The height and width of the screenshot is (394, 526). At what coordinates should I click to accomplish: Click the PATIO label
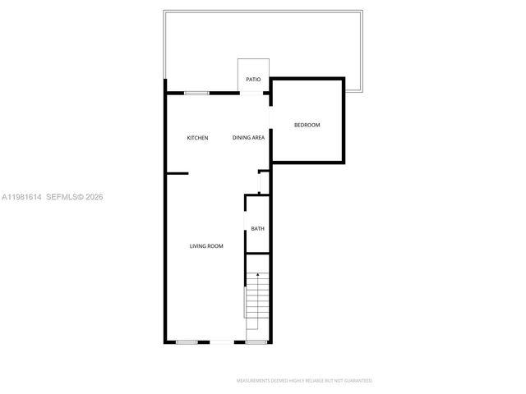click(x=253, y=80)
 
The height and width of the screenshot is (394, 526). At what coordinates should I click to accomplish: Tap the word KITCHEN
click(x=197, y=138)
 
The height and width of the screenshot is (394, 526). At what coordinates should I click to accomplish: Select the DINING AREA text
click(x=248, y=138)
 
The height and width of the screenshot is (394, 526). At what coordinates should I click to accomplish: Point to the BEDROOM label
click(x=307, y=125)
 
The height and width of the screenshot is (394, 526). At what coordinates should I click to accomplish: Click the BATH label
click(x=257, y=229)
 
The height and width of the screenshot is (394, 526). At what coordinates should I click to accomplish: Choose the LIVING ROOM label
click(x=206, y=246)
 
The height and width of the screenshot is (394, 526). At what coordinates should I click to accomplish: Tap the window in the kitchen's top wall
click(x=196, y=93)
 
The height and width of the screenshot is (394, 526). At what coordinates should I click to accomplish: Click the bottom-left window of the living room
click(x=187, y=341)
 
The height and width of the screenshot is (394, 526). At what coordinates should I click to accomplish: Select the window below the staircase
click(x=256, y=341)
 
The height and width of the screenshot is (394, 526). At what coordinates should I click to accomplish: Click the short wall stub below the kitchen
click(x=178, y=173)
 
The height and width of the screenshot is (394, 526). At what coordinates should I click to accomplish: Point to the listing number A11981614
click(x=22, y=197)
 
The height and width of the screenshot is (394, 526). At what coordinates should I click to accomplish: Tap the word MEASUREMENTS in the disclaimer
click(x=256, y=381)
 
